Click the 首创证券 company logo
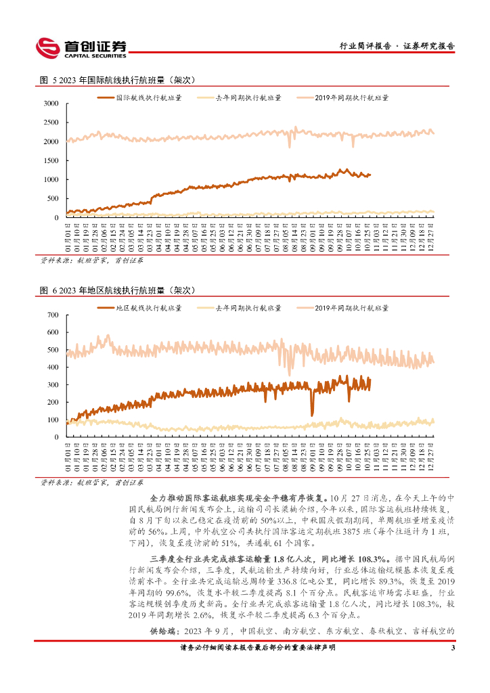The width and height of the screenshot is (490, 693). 81,47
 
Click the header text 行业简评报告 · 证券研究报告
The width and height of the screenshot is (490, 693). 397,47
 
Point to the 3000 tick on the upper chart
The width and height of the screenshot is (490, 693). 51,104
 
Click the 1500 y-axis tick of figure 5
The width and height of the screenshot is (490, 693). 51,160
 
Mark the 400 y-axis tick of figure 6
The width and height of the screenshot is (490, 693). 53,367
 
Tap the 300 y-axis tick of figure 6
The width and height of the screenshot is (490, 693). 53,385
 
